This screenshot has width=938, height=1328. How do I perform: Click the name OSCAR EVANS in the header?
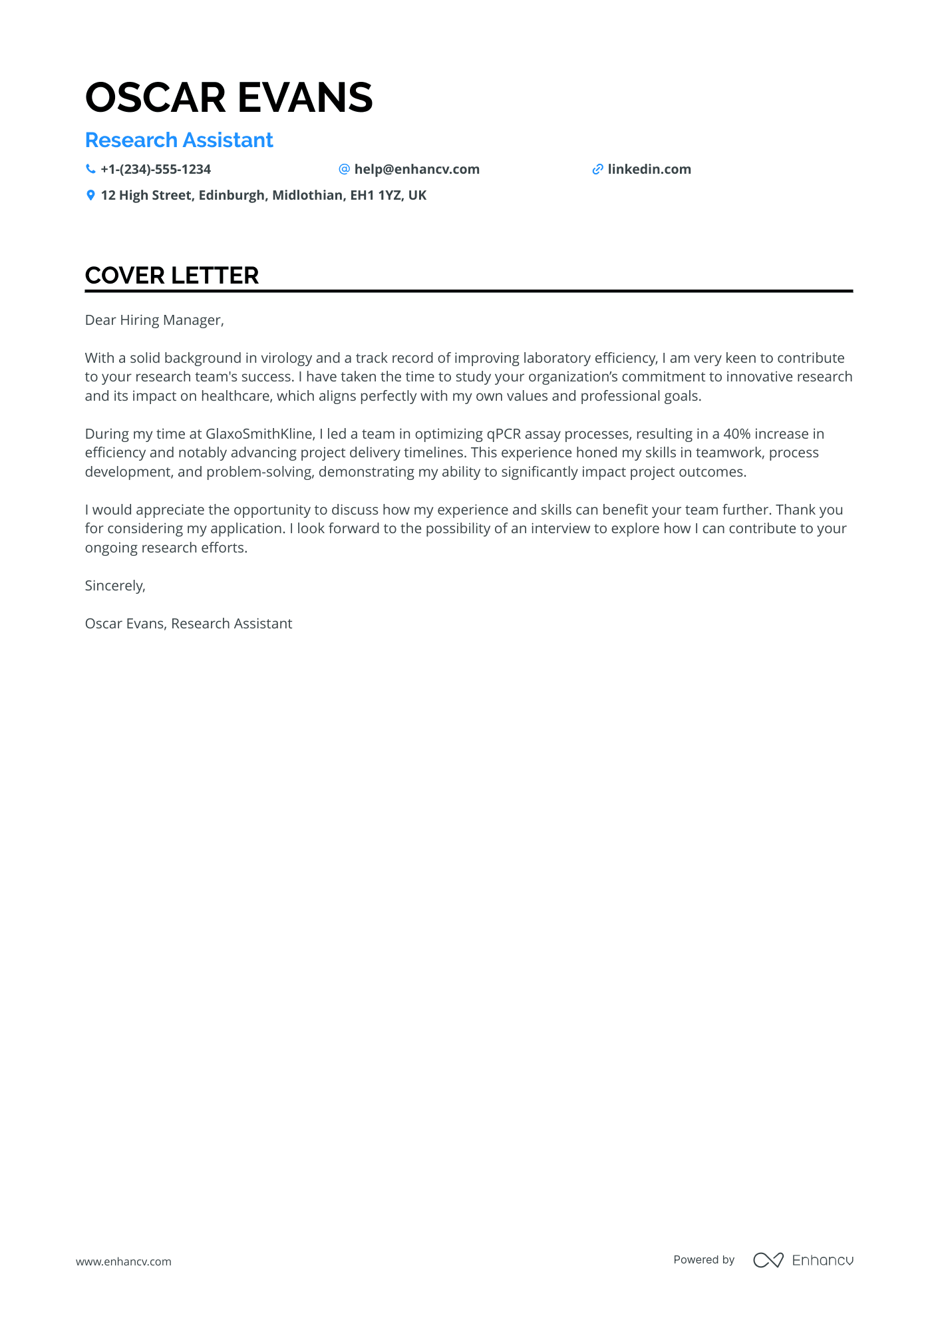pos(229,97)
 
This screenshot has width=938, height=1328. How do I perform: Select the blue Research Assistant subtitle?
pos(179,140)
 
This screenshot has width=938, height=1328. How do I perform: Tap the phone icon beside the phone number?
pos(90,169)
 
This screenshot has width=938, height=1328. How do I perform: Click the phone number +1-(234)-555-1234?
pos(156,169)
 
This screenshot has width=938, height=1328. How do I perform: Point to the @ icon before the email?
pos(344,169)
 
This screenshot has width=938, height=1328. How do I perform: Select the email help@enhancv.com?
pos(416,169)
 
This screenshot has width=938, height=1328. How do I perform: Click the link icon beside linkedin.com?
pos(597,169)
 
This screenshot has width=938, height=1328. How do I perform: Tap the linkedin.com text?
pos(649,169)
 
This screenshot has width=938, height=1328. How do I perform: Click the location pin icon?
pos(90,195)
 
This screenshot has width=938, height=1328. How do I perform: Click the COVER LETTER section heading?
pos(172,275)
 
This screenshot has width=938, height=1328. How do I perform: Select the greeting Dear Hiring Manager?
pos(154,320)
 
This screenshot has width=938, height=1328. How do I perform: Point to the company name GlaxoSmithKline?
pos(259,434)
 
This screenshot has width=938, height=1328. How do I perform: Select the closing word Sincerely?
pos(114,586)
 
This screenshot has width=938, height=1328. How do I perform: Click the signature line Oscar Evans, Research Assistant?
pos(188,624)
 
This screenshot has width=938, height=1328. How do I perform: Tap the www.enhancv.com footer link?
pos(123,1261)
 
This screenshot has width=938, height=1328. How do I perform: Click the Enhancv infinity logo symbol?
pos(768,1260)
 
